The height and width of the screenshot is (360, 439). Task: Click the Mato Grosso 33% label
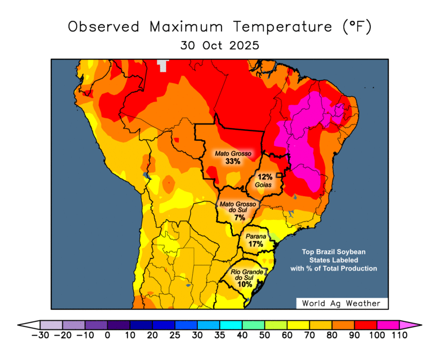point(232,157)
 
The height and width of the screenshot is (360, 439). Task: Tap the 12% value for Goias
point(265,177)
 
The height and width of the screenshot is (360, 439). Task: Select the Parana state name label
point(256,237)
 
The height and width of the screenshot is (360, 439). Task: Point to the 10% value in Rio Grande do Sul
point(244,284)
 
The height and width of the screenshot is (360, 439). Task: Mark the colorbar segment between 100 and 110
point(388,325)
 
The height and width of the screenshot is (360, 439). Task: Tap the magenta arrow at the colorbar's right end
point(408,325)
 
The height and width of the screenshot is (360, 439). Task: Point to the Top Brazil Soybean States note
point(334,260)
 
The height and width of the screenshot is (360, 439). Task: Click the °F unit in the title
point(357,27)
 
